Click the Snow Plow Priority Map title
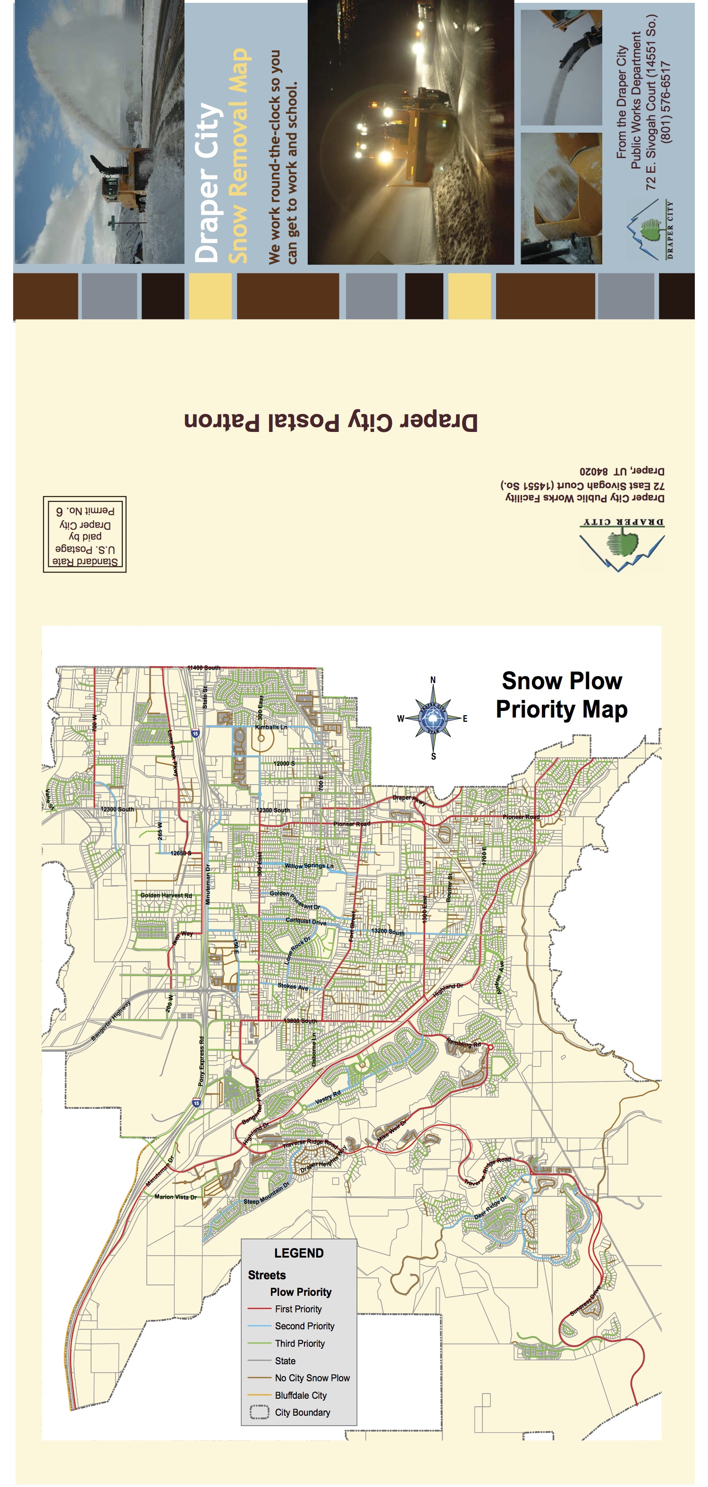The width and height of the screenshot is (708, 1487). (x=561, y=695)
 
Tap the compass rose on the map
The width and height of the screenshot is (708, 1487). (x=433, y=718)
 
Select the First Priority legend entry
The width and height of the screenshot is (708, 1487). (x=298, y=1309)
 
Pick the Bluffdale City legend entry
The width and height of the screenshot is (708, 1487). (x=300, y=1394)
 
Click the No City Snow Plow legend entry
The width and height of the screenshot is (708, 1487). (x=312, y=1377)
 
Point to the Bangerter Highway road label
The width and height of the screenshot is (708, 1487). (x=111, y=1021)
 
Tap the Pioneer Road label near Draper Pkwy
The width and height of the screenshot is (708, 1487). (x=351, y=824)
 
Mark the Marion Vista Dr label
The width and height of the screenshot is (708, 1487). (x=176, y=1197)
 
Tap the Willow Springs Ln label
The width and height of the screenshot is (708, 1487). (x=309, y=866)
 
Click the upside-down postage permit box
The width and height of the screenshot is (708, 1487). (x=85, y=534)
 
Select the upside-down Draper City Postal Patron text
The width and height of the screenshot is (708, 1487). (x=330, y=422)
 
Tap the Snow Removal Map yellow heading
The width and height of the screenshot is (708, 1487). (x=238, y=156)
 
